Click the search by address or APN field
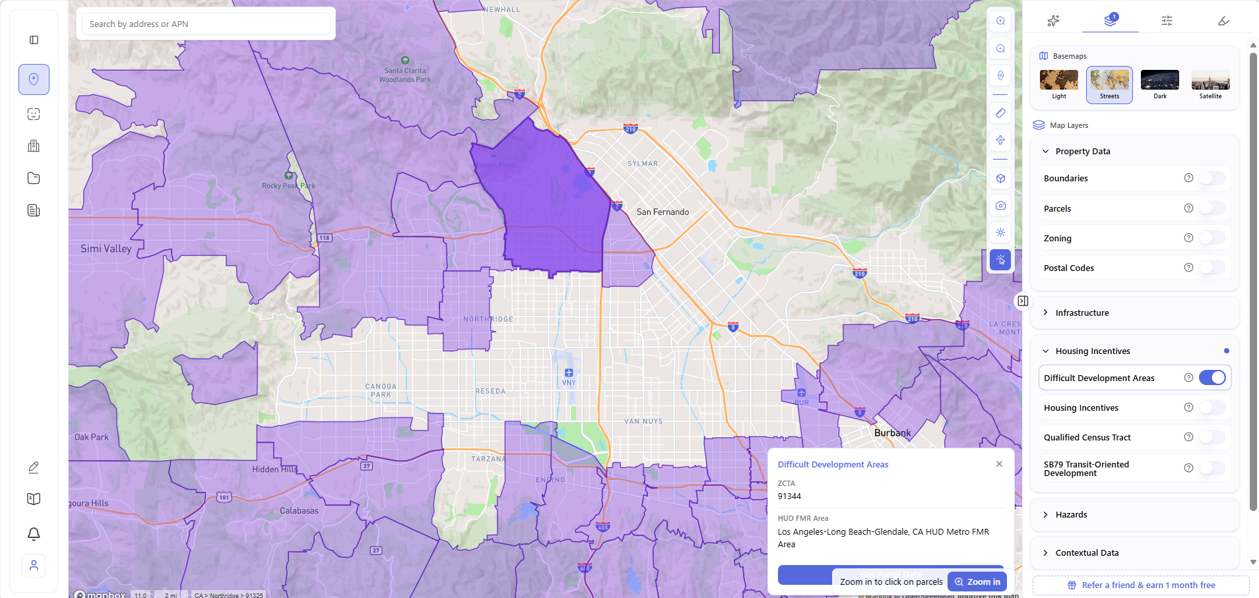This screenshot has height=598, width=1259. [206, 24]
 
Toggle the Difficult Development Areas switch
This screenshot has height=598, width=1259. [1212, 378]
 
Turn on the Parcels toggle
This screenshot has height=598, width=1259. [1212, 208]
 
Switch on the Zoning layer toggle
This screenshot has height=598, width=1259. [1212, 238]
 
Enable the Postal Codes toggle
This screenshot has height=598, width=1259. [1212, 268]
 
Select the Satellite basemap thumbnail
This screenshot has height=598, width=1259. [1210, 82]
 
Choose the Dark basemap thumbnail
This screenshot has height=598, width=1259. [1159, 82]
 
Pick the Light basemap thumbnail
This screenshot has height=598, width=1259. [1058, 82]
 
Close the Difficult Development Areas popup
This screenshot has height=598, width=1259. [999, 464]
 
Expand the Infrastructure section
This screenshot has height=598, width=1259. [1081, 313]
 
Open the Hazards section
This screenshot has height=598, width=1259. [1071, 514]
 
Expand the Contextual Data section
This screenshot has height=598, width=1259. [1086, 553]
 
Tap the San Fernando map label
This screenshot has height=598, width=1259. [662, 212]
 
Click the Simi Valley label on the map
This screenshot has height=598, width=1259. [106, 249]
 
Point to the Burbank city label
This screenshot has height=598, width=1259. [892, 433]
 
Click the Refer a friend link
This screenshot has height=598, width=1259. [1147, 585]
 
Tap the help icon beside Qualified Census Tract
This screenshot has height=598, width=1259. [1188, 437]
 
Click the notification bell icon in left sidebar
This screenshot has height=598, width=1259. [34, 533]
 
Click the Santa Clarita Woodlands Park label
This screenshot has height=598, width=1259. [405, 75]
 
